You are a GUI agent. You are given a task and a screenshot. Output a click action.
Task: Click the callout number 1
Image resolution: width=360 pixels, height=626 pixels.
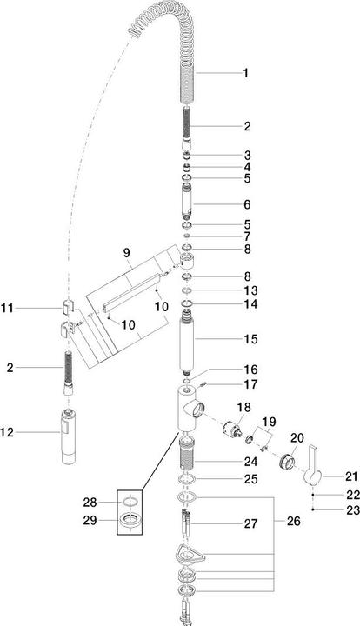coord(246,74)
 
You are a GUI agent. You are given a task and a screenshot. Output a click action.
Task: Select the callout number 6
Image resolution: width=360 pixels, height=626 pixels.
coord(246,205)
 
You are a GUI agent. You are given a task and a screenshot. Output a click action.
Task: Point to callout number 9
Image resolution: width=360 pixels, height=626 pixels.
coord(126,253)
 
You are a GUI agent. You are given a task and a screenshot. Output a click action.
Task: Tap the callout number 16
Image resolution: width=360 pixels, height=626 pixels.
coord(250,369)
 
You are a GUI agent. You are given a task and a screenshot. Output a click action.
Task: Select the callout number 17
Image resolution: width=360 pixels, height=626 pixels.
coord(250,383)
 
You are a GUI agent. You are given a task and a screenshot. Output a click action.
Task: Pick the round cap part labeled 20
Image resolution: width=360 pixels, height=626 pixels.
coord(284,462)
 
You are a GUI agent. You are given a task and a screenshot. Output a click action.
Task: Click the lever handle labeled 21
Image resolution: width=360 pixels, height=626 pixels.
coord(313,467)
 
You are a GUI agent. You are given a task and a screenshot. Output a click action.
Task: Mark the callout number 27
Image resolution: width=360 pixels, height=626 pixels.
coord(250,524)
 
